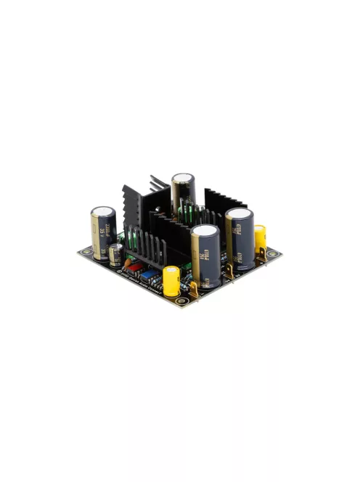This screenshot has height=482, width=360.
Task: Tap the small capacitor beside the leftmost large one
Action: coord(116,254)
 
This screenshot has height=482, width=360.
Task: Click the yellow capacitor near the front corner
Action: coord(171,281)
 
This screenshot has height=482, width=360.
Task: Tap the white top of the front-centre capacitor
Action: coord(205,232)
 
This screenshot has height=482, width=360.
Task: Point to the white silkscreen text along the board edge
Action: coord(138,279)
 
